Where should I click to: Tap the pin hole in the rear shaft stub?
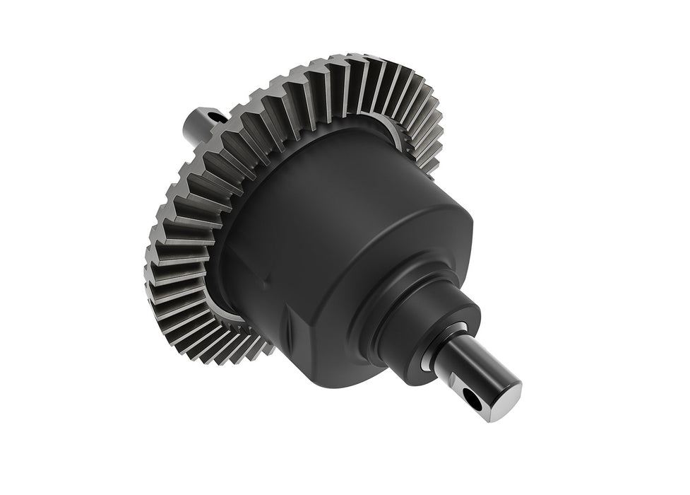tap(211, 111)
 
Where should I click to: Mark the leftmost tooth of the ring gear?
tap(150, 248)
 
